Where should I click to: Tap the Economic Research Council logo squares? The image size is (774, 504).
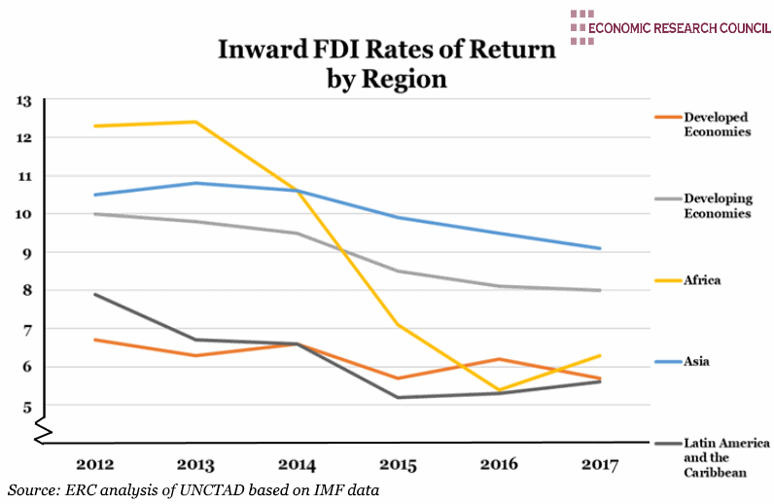pos(581,26)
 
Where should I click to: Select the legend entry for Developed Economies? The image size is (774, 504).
pos(718,124)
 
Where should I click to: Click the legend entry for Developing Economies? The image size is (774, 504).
pos(718,205)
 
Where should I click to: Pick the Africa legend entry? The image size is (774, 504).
pos(702,280)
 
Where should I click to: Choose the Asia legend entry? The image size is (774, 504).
pos(696,361)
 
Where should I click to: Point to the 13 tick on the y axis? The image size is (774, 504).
pos(24,100)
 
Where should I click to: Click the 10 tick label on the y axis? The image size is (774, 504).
pos(24,214)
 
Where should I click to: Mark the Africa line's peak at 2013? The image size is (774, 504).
pos(195,122)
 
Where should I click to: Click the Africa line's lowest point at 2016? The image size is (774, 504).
pos(499,390)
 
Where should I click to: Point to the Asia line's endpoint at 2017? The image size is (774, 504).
pos(600,248)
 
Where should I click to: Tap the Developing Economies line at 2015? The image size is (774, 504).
pos(398,270)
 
